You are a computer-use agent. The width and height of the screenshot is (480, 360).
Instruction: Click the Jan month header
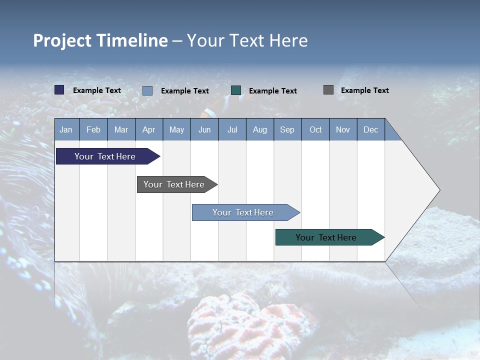point(66,129)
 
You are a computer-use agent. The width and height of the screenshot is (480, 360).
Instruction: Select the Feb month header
point(93,129)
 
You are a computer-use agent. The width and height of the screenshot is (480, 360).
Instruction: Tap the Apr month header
point(148,129)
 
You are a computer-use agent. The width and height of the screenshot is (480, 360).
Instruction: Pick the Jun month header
point(204,129)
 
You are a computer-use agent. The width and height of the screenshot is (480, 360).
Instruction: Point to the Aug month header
point(259,129)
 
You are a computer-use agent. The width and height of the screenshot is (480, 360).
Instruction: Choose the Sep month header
point(287,129)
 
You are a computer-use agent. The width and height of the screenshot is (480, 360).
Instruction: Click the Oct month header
point(315,129)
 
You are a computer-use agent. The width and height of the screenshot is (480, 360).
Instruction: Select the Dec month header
point(370,129)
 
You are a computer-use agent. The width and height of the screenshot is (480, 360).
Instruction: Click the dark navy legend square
point(59,90)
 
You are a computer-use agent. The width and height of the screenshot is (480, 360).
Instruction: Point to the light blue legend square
point(147,90)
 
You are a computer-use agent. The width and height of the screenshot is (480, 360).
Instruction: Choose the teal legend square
point(236,90)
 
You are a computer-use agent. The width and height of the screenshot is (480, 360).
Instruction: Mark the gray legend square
point(328,90)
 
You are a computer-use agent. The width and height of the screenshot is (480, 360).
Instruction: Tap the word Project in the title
point(62,40)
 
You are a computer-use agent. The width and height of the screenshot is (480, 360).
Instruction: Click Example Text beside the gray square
point(364,90)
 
